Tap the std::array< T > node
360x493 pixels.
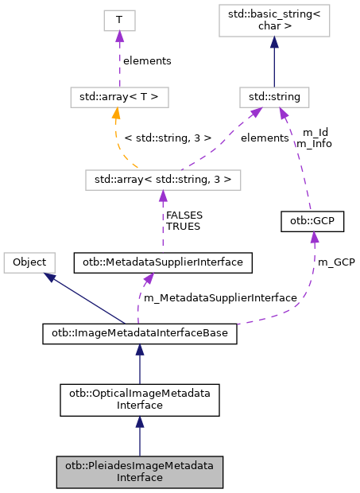pos(118,98)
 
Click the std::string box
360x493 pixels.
pos(274,98)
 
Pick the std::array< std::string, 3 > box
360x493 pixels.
pos(163,180)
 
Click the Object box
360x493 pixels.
pos(30,262)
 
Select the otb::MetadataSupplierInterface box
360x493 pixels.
pos(163,262)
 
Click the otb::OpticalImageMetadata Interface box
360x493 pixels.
pos(140,399)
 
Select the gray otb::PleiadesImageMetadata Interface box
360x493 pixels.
pos(140,472)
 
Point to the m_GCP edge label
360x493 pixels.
pos(336,262)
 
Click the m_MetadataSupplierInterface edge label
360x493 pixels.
pos(219,297)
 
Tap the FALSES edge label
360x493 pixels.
pos(183,215)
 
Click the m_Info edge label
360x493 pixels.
pos(313,144)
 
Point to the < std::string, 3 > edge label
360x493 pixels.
pos(168,138)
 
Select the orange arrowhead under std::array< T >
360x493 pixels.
pos(116,115)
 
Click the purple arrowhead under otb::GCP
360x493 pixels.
pos(315,237)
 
